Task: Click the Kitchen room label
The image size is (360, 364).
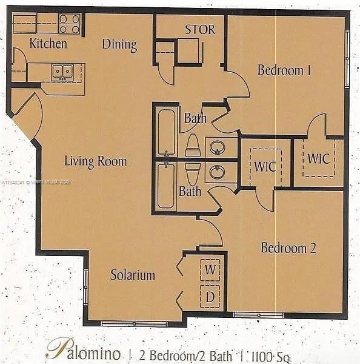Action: tap(48, 44)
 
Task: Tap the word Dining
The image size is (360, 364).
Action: tap(119, 44)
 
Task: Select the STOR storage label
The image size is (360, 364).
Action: tap(199, 29)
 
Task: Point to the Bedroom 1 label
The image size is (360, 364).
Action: tap(284, 70)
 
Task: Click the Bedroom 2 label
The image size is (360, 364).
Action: tap(288, 248)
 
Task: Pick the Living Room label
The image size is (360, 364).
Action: tap(96, 161)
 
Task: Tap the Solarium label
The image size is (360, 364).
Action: tap(132, 275)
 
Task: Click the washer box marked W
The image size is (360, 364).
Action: tap(210, 269)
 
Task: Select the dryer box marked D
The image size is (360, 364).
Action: tap(210, 297)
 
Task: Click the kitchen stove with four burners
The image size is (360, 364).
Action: tap(70, 24)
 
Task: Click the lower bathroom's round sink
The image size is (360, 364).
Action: tap(216, 172)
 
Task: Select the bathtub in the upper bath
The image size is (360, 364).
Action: tap(166, 132)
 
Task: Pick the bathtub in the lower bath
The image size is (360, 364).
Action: tap(165, 185)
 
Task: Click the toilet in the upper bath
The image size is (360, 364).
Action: tap(193, 146)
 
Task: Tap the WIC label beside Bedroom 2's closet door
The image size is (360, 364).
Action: tap(265, 166)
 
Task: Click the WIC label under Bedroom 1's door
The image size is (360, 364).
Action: tap(318, 159)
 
